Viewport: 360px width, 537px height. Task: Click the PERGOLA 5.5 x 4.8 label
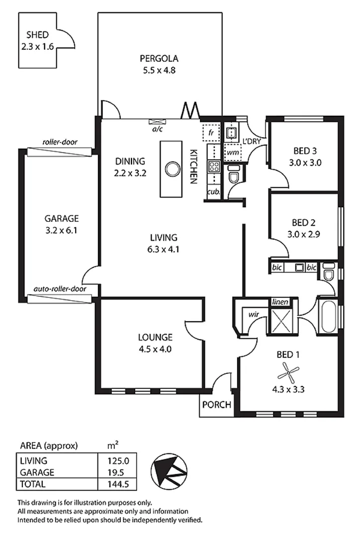pos(158,64)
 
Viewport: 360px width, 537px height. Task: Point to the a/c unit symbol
pos(158,121)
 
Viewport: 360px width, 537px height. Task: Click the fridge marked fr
pos(211,133)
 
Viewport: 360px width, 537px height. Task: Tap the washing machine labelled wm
pos(231,152)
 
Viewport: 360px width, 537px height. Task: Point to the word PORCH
pos(217,405)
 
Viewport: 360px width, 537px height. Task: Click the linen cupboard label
pos(278,302)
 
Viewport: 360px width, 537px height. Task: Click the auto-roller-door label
pos(60,288)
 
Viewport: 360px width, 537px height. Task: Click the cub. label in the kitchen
pos(213,191)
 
